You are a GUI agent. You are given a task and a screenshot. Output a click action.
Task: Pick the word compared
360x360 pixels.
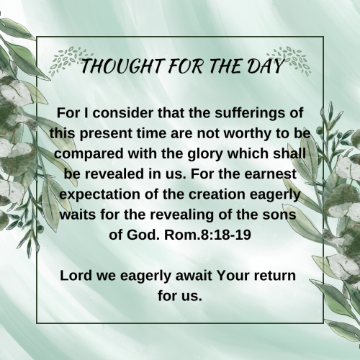click(x=89, y=154)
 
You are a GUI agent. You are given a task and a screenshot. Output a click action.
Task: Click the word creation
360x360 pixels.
click(x=217, y=194)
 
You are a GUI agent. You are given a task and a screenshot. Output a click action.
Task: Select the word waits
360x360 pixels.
click(x=78, y=215)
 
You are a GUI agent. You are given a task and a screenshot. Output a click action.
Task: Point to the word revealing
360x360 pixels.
click(x=182, y=215)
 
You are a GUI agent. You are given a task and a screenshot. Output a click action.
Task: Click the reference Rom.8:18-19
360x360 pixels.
click(x=207, y=235)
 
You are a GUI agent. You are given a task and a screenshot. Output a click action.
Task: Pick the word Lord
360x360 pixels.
click(x=76, y=276)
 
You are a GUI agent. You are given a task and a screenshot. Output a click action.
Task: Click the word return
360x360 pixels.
click(x=275, y=276)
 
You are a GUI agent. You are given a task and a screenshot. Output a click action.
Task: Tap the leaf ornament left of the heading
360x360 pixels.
click(x=70, y=60)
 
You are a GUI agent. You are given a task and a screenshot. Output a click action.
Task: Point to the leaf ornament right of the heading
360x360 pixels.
click(x=289, y=60)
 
